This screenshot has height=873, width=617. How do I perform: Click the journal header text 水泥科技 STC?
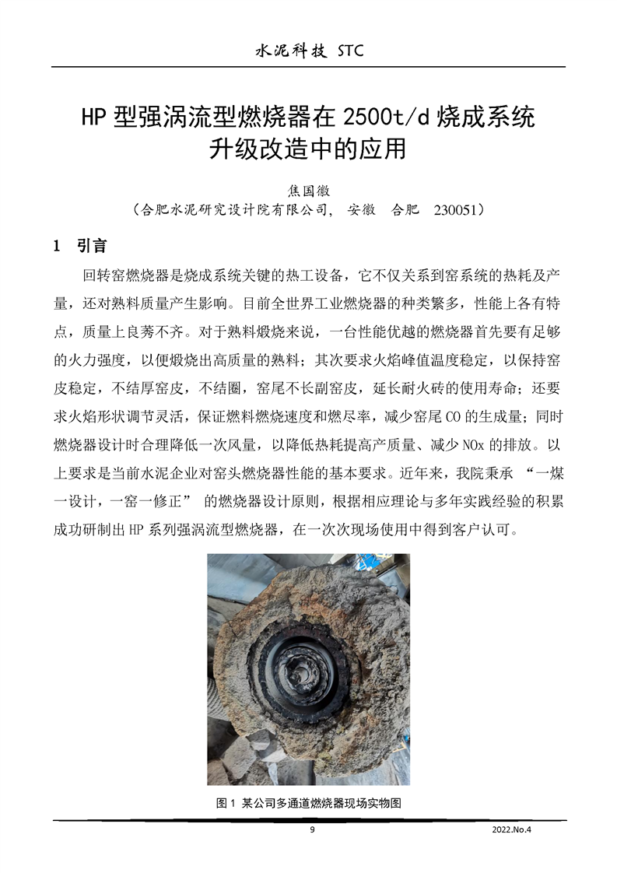pyautogui.click(x=309, y=51)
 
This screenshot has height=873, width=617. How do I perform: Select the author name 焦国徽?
pyautogui.click(x=309, y=189)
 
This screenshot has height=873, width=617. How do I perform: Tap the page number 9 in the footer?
pyautogui.click(x=312, y=829)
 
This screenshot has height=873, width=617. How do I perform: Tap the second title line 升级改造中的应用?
pyautogui.click(x=308, y=148)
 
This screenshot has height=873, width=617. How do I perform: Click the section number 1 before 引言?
pyautogui.click(x=56, y=247)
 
